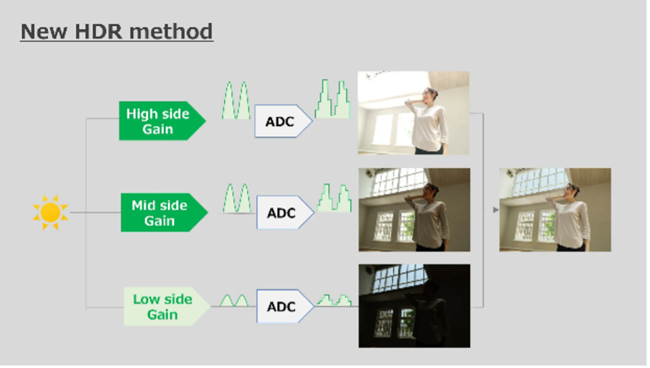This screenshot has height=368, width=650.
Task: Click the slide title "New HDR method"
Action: [117, 31]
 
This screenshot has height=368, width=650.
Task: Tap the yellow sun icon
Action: [50, 212]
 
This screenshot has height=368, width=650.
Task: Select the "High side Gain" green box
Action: [162, 121]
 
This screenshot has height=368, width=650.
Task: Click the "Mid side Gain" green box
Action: [164, 212]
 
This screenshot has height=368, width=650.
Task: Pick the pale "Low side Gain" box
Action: [166, 307]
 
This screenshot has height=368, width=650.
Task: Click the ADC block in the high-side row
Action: [283, 121]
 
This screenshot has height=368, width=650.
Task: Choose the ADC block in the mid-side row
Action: [285, 212]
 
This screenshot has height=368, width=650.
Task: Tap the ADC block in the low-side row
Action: [285, 306]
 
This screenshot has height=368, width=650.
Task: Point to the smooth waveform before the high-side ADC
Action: [236, 101]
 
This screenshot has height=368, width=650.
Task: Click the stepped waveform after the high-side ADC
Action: [333, 98]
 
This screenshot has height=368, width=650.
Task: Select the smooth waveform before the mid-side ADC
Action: [237, 199]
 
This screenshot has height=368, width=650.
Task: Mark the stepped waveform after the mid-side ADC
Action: [334, 198]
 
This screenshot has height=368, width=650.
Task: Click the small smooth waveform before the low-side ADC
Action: [234, 301]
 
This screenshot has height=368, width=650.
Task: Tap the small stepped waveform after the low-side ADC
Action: [334, 300]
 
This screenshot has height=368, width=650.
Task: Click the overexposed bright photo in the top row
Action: [413, 113]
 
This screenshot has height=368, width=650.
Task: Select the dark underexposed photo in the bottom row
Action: [414, 305]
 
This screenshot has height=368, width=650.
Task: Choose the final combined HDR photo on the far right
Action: [555, 209]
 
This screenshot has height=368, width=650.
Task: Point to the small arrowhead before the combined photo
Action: [495, 210]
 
